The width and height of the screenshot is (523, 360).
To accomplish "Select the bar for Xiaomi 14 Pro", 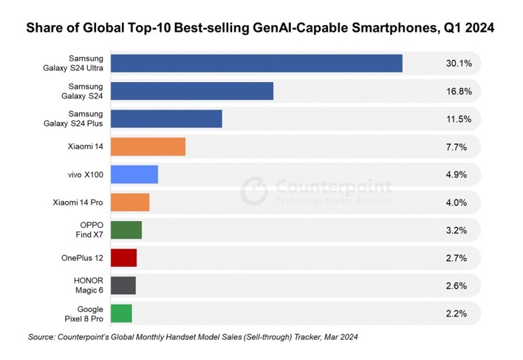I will coord(129,203).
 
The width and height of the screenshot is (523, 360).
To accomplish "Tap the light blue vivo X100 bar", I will coord(134,174).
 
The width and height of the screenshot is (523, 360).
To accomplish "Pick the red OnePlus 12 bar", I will coord(123,258).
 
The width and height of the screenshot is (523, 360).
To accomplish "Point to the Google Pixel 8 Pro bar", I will coord(121,313).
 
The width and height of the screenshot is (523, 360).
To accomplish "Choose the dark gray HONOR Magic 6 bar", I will coord(123,285).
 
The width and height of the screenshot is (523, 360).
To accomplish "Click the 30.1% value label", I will coord(458,64).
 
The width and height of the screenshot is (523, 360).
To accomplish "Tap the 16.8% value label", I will coord(458,92).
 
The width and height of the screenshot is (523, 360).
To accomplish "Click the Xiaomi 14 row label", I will coord(84,147).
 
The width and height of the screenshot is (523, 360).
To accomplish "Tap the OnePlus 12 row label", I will coord(82,258).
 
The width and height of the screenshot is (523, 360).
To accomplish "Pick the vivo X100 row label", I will coord(85,174).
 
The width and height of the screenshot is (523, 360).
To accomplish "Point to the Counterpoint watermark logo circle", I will coord(253,190).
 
